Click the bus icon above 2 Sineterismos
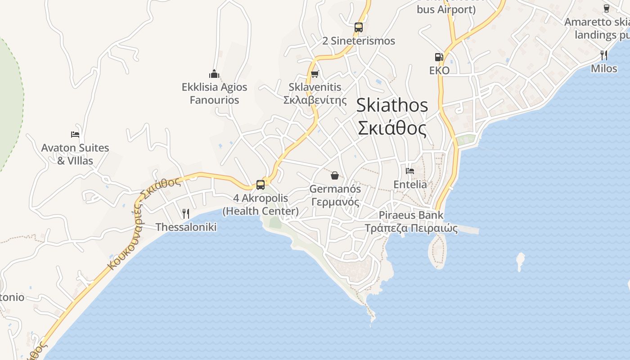tap(358, 27)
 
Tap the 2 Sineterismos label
tap(359, 41)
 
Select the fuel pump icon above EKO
tap(439, 57)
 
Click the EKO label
tap(439, 71)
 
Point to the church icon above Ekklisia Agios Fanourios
tap(214, 73)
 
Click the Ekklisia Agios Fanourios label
tap(214, 93)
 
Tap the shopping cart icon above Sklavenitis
tap(315, 73)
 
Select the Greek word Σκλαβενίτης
tap(315, 100)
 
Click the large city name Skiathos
tap(392, 105)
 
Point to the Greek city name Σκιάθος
tap(392, 128)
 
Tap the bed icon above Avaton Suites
tap(75, 134)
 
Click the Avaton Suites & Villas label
tap(75, 154)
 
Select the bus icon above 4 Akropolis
tap(261, 184)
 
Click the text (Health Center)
tap(261, 211)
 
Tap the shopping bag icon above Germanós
tap(334, 175)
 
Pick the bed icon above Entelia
tap(410, 171)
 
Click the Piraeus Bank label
tap(411, 215)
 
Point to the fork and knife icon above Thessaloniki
tap(186, 213)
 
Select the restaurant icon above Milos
tap(604, 55)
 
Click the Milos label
tap(604, 68)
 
